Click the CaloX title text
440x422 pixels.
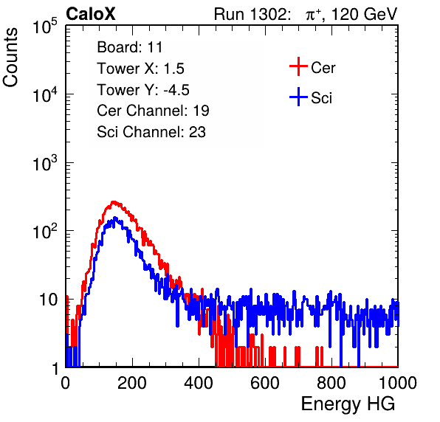(91, 14)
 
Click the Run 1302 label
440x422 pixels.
(252, 14)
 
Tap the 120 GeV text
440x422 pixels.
(364, 14)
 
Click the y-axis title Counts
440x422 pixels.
(10, 58)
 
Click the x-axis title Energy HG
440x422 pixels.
(348, 404)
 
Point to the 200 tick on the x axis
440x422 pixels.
(132, 383)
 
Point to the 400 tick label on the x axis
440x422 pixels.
(199, 383)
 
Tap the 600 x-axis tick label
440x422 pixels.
(265, 383)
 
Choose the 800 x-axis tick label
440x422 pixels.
(331, 383)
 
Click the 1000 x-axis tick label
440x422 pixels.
(398, 383)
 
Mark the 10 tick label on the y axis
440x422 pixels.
(49, 300)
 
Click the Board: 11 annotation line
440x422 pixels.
(130, 47)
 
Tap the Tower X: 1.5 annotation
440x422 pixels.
(140, 69)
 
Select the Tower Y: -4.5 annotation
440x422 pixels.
(143, 90)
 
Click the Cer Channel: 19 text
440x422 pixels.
(153, 111)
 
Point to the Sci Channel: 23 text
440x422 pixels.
(151, 132)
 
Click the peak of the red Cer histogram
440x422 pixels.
(113, 201)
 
